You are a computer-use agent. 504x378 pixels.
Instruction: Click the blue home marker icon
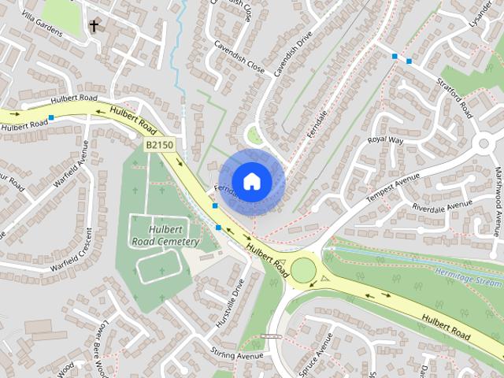point(251,181)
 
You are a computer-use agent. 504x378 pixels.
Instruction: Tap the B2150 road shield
point(159,146)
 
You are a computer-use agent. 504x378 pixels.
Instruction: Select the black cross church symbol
point(94,26)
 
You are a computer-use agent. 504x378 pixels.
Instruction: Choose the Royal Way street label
point(385,140)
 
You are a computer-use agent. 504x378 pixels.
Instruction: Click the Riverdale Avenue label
point(442,206)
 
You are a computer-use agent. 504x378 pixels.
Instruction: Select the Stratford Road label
point(456,95)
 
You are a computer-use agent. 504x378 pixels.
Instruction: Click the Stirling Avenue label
point(235,356)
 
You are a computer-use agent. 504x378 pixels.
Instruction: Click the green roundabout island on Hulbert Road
point(303,270)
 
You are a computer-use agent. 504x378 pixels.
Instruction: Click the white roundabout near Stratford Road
point(485,144)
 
